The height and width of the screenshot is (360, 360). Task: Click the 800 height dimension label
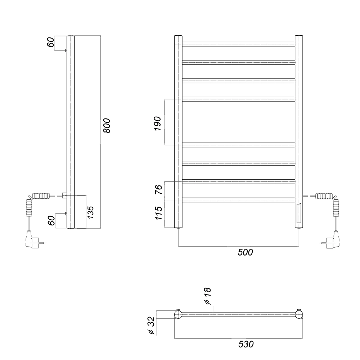[x=107, y=126]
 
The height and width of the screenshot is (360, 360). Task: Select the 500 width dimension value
[x=245, y=252]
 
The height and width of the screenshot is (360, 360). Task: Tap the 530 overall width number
[x=246, y=345]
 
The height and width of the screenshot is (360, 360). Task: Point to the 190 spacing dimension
[x=158, y=123]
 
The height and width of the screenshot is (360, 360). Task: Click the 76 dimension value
[x=159, y=189]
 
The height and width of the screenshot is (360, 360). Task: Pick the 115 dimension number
[x=159, y=213]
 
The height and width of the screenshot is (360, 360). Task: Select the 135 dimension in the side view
[x=90, y=212]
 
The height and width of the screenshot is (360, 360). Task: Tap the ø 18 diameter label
[x=207, y=296]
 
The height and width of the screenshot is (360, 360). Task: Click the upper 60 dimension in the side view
[x=51, y=42]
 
